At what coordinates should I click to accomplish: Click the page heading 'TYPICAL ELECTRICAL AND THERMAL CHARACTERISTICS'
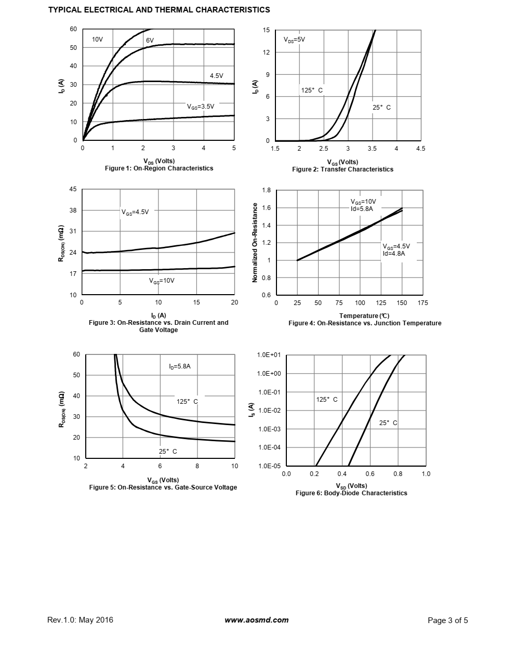click(159, 9)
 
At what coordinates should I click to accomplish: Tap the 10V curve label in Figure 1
click(98, 39)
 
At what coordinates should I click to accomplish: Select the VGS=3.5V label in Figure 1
click(201, 107)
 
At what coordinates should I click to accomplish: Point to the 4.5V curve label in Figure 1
click(216, 76)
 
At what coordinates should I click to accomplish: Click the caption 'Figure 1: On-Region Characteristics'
click(159, 168)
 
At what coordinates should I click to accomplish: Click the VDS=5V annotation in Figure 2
click(294, 39)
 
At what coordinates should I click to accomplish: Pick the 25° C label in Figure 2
click(381, 108)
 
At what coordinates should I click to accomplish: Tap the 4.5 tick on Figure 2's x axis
click(420, 149)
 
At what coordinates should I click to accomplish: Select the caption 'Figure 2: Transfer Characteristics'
click(342, 169)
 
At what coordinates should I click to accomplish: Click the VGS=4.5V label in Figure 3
click(135, 212)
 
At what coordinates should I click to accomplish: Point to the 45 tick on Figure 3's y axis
click(73, 189)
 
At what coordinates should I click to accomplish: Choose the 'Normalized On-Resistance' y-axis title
click(255, 243)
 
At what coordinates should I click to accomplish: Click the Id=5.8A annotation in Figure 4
click(362, 209)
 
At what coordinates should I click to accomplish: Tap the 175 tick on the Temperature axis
click(422, 303)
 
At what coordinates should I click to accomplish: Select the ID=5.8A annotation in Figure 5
click(180, 366)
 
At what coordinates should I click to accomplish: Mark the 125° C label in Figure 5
click(187, 402)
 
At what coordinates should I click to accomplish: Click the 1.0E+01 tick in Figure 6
click(269, 355)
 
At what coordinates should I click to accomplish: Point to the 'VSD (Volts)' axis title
click(351, 486)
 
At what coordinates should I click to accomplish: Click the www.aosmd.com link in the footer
click(257, 620)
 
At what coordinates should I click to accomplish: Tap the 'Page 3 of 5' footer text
click(447, 620)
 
